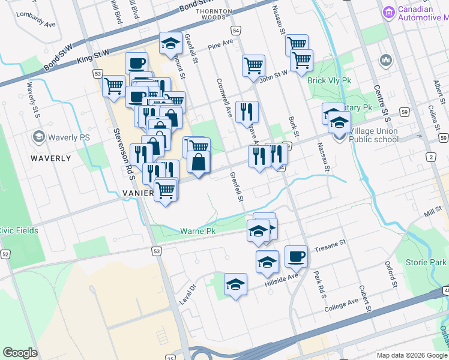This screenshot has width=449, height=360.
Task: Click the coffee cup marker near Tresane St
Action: pos(296,257)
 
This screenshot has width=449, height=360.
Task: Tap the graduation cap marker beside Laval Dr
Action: pos(236,284)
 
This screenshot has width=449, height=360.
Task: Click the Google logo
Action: pos(20,352)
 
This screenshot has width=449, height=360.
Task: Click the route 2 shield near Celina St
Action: pos(430,157)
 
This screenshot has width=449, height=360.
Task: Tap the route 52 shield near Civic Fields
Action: pos(5,254)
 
